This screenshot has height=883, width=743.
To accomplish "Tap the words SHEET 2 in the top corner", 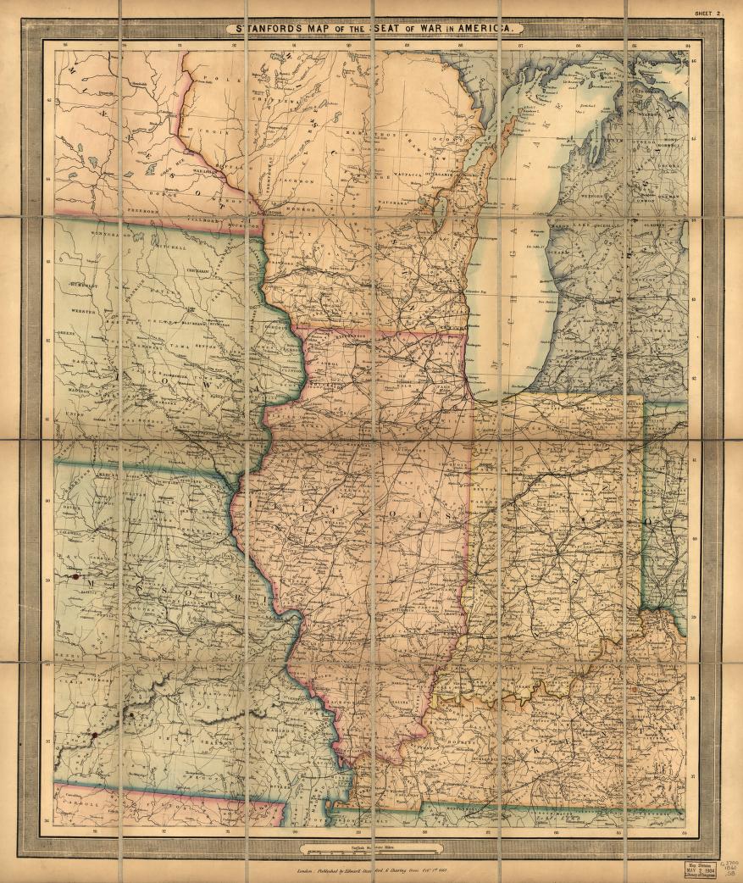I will [707, 14].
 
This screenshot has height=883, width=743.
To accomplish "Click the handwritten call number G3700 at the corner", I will [729, 861].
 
